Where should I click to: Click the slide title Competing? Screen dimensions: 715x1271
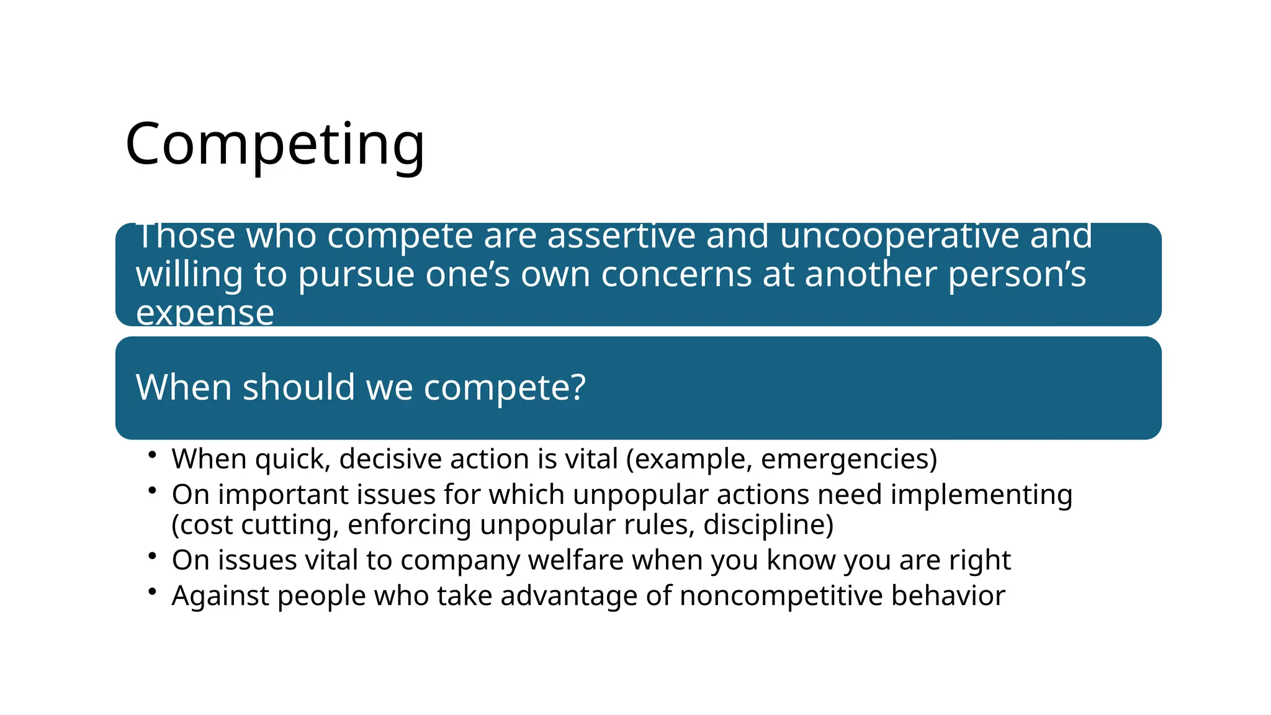pyautogui.click(x=275, y=145)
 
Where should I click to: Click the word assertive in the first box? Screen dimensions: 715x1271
pyautogui.click(x=621, y=236)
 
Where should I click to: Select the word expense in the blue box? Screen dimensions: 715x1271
pyautogui.click(x=205, y=312)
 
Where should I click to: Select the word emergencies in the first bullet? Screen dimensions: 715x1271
pyautogui.click(x=845, y=459)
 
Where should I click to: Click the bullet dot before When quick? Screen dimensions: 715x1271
pyautogui.click(x=152, y=456)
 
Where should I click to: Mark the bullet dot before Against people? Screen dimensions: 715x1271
pyautogui.click(x=152, y=591)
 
